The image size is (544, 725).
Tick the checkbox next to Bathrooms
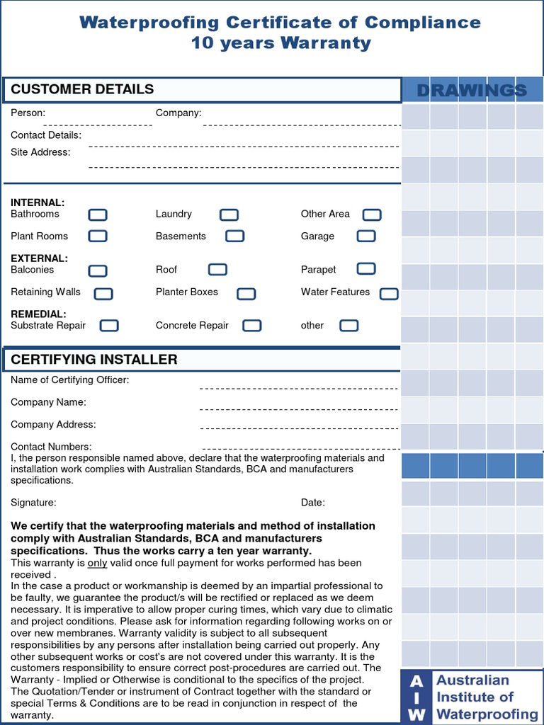point(98,215)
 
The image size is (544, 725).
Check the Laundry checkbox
point(229,215)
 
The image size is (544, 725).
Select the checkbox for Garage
point(366,236)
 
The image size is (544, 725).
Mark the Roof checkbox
point(217,270)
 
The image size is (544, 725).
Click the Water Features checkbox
point(389,293)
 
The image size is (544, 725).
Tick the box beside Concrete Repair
point(252,326)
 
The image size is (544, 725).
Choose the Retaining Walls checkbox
point(103,293)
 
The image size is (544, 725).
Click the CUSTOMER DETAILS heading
point(82,89)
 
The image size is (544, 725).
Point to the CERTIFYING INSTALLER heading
point(94,360)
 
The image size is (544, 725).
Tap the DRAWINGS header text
point(472,90)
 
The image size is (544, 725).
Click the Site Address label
point(40,152)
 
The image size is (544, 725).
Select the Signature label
point(33,503)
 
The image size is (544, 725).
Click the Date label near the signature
point(313,503)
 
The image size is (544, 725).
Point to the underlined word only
point(97,564)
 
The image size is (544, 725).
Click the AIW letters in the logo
point(417,697)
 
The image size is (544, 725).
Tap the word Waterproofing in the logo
point(487,714)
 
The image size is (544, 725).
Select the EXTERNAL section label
point(39,258)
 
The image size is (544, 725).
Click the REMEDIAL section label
point(38,314)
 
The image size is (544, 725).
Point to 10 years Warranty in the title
point(280,43)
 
